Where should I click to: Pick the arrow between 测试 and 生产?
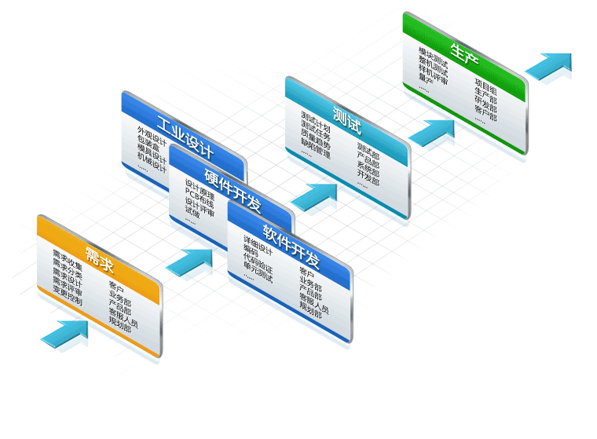pos(431,132)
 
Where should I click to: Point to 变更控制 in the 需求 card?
pos(67,290)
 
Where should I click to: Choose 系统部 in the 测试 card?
pos(368,167)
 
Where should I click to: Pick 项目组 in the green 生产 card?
pos(485,87)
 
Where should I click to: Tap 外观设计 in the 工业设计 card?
pos(152,132)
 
